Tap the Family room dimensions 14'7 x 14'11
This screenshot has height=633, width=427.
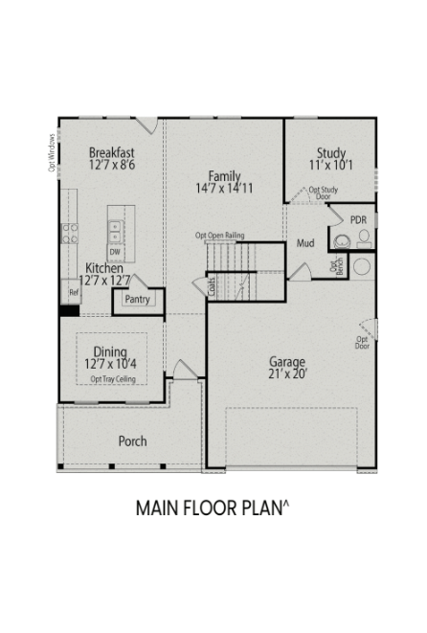click(225, 189)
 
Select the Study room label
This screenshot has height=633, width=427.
click(331, 152)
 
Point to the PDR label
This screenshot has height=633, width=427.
click(359, 220)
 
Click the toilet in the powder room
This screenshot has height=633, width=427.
click(341, 240)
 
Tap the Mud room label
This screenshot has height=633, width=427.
click(305, 243)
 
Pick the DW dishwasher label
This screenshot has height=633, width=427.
click(114, 252)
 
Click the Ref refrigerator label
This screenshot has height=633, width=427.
click(74, 292)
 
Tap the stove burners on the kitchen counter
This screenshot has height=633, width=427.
click(70, 235)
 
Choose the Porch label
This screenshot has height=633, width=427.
click(132, 441)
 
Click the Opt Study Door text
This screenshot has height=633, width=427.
click(326, 192)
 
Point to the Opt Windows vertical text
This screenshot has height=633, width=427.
click(52, 151)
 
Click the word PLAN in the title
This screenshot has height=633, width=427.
click(256, 509)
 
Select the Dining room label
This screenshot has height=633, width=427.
click(110, 350)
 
